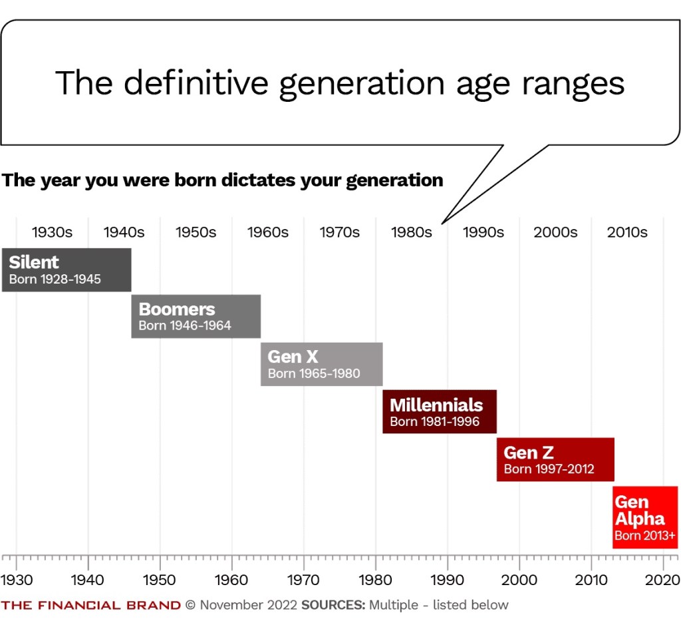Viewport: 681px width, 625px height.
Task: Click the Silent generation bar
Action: [x=67, y=270]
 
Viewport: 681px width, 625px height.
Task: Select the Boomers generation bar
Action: [x=196, y=316]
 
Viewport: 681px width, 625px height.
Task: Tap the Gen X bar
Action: [x=322, y=364]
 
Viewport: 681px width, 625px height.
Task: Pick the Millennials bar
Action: [x=440, y=412]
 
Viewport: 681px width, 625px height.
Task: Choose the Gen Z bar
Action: [x=555, y=459]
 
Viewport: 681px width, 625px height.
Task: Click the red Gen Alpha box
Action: [x=645, y=517]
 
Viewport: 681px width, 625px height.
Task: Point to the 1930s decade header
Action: [x=52, y=232]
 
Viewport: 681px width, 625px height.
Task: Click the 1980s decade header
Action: [x=411, y=232]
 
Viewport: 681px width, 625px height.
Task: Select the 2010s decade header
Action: [x=626, y=232]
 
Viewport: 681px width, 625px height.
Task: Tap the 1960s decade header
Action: [x=267, y=232]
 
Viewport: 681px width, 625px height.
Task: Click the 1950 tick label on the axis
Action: [x=160, y=579]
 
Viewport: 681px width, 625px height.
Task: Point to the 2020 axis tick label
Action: [x=663, y=579]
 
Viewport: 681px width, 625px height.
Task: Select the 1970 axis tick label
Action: [x=303, y=579]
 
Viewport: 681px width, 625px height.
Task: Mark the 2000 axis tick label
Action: [x=519, y=579]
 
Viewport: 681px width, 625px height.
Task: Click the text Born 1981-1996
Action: [x=434, y=421]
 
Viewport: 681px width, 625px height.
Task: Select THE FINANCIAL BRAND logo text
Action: [x=91, y=605]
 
